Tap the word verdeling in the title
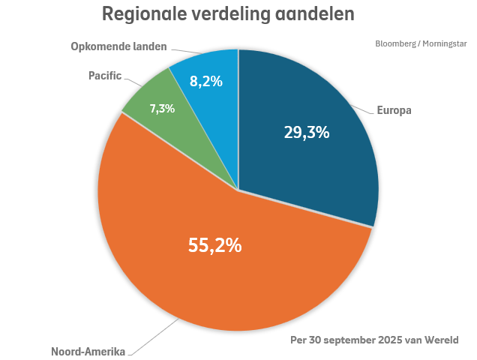(229, 14)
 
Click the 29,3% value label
(307, 132)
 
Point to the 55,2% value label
(214, 244)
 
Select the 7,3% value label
(162, 109)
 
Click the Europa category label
(394, 110)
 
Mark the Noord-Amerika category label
(88, 351)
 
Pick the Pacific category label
(105, 76)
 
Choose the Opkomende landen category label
(118, 47)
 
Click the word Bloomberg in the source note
(395, 43)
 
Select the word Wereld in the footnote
(441, 339)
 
